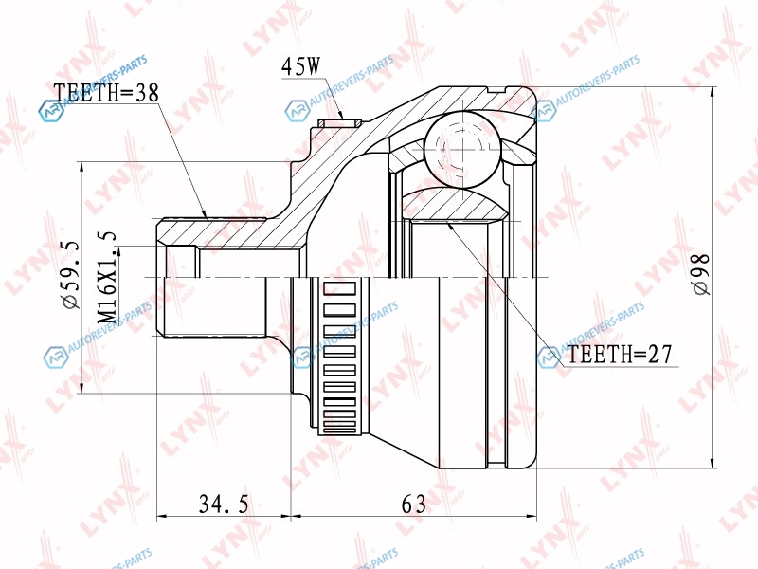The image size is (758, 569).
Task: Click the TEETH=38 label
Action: (106, 92)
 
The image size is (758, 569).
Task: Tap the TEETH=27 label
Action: (620, 355)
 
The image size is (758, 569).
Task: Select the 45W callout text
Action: (300, 66)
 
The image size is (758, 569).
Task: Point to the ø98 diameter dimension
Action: (700, 273)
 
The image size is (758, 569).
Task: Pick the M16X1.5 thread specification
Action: (107, 278)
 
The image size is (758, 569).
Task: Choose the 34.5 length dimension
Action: (224, 505)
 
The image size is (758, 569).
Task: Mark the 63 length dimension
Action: (414, 505)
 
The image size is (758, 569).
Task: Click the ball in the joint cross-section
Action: (462, 150)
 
